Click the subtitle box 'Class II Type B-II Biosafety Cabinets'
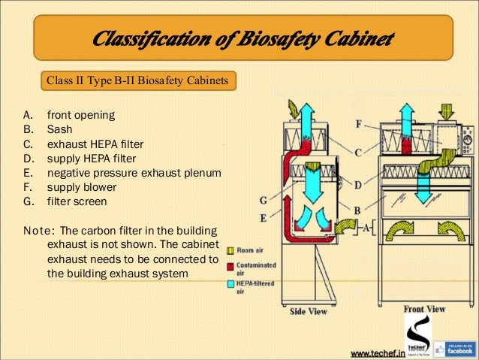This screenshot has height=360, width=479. pos(137,79)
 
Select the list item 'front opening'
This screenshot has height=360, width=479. pos(80,116)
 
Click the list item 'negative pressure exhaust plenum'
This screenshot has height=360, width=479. pos(134,172)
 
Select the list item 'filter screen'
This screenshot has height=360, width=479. pos(77,201)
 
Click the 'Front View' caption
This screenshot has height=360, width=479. pos(424,308)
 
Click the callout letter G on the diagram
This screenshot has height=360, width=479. pos(264,199)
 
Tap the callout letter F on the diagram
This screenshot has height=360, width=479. pos(358,123)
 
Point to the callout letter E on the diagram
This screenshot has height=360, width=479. pos(264,217)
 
